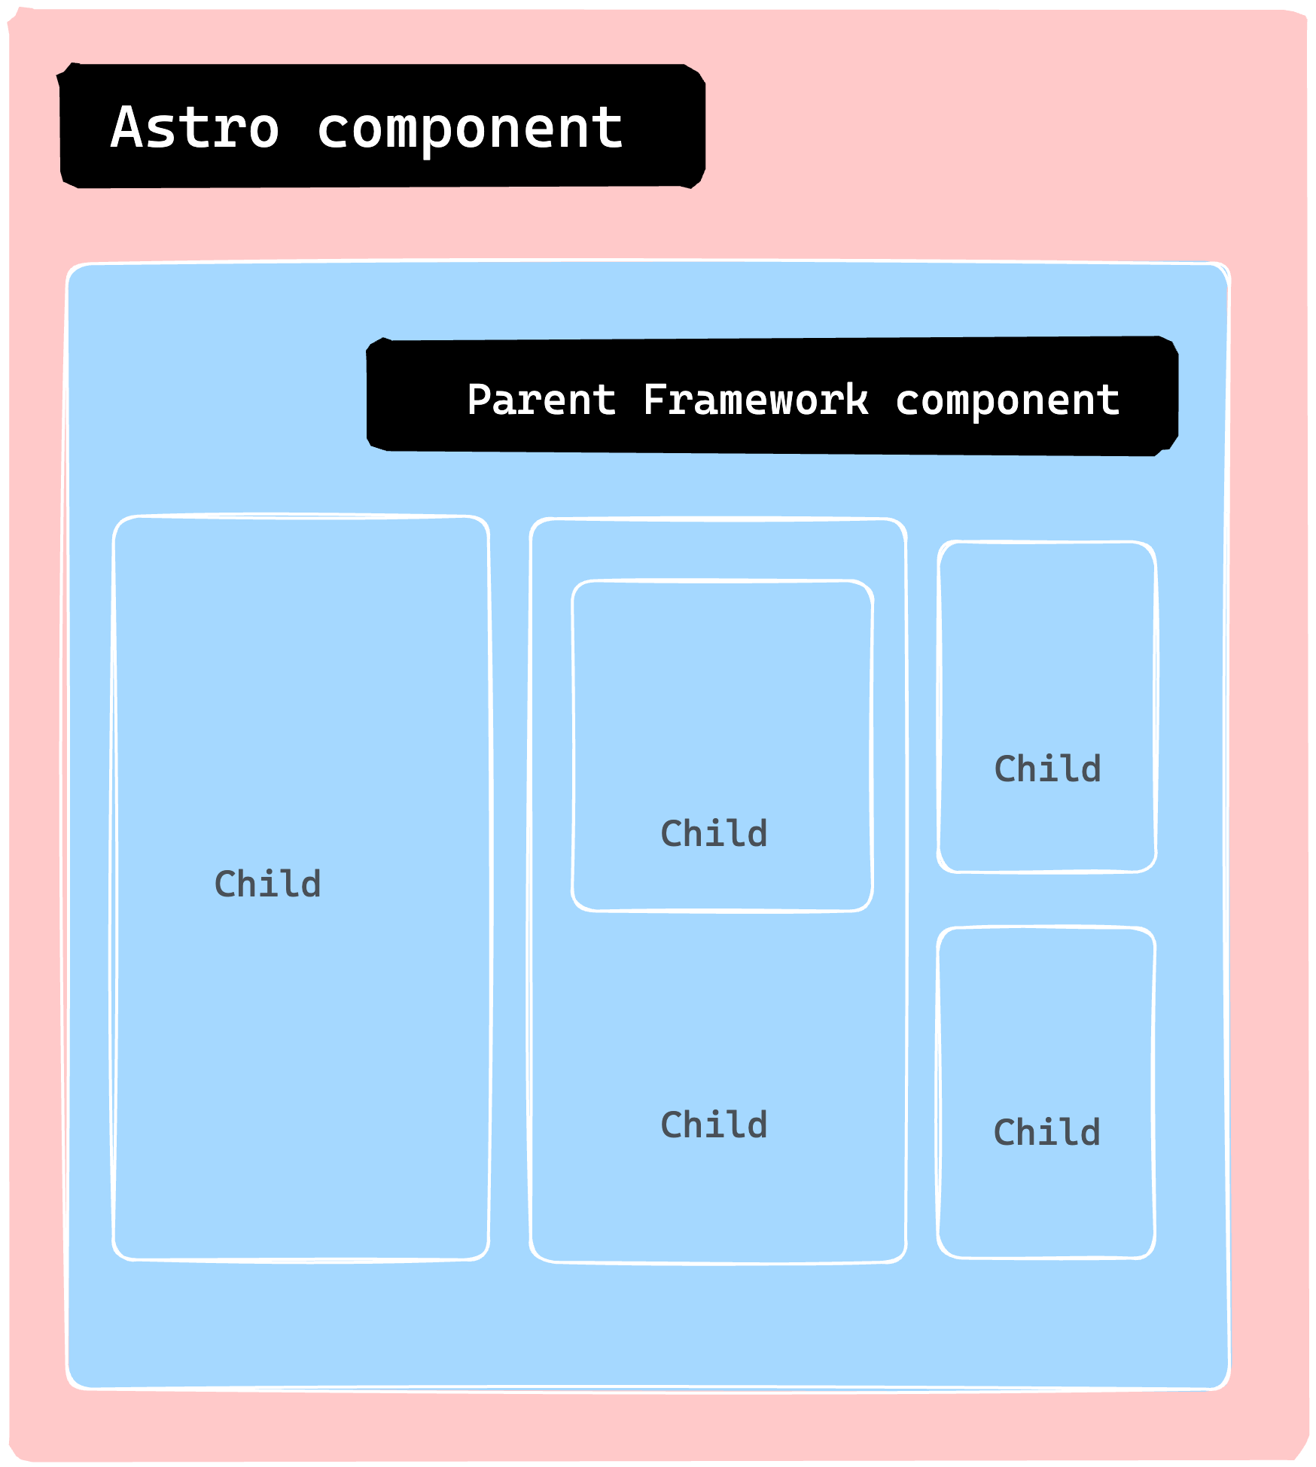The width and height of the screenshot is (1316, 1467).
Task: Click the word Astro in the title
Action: point(195,127)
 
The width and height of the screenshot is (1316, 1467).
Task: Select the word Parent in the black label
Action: point(541,400)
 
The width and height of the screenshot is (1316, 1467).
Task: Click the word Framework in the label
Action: point(755,400)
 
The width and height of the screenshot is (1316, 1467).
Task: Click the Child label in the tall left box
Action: point(267,884)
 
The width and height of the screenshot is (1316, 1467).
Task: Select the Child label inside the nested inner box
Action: point(714,833)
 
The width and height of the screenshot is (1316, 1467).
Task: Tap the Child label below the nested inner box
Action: point(714,1125)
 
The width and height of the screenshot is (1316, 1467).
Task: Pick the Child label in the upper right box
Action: point(1047,769)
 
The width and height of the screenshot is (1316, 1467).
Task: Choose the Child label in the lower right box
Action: point(1046,1133)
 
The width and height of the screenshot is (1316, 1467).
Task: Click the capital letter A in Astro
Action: point(127,127)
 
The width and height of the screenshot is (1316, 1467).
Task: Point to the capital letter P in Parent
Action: point(479,399)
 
